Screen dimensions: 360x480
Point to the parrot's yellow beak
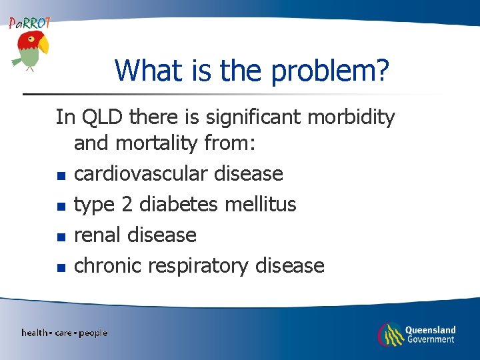pos(43,45)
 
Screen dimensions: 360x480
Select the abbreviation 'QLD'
pos(103,118)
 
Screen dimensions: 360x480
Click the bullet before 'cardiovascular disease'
pos(60,176)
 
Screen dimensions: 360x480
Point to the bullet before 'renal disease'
pos(60,237)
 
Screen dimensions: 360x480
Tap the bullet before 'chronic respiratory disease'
pos(60,268)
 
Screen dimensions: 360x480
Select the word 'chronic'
pos(107,266)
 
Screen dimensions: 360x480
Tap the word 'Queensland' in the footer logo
pos(430,329)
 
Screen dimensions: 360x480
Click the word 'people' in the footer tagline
pos(93,333)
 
